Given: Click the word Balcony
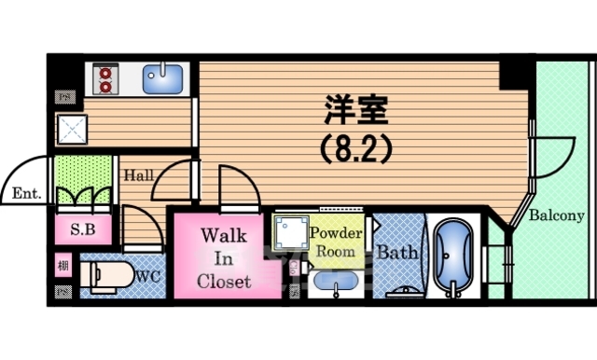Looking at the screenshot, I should (x=557, y=215).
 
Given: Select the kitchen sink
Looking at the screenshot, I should (x=165, y=77).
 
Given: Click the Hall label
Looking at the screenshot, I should (x=141, y=174).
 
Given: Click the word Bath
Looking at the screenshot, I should (x=396, y=252).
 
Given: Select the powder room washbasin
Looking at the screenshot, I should (x=334, y=281).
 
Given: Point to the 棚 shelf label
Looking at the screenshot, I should (x=62, y=265).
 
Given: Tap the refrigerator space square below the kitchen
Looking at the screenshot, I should (x=72, y=132).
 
